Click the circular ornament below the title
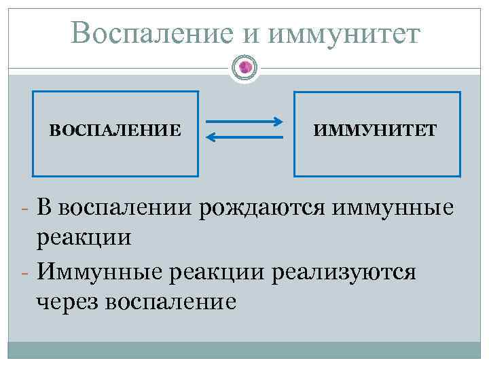(x=245, y=67)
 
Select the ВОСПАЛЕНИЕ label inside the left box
(x=115, y=129)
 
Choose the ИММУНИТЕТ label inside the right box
(x=376, y=129)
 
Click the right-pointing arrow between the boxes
(x=244, y=122)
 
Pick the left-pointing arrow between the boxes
(x=244, y=137)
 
